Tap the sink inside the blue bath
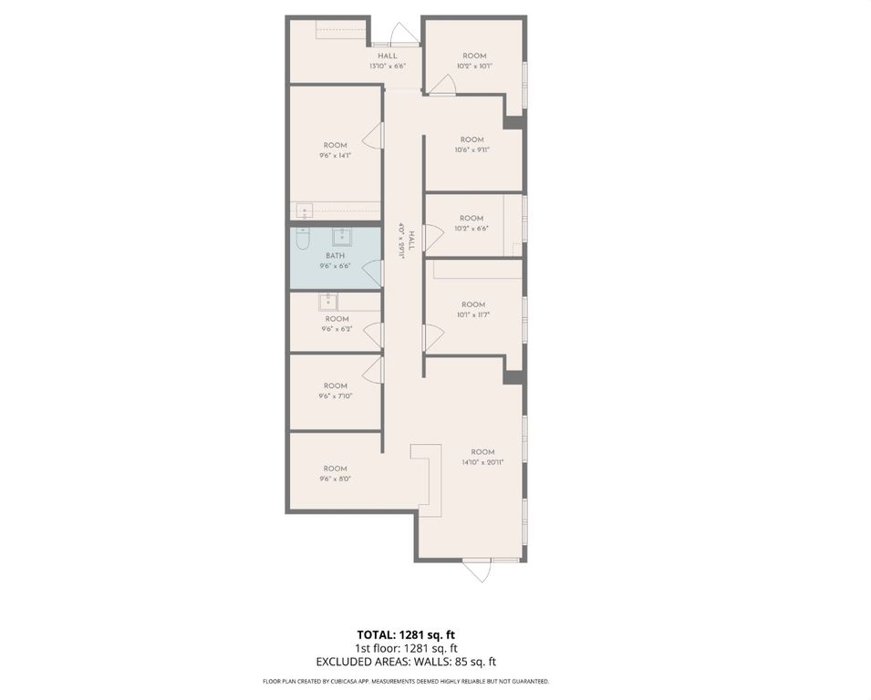(344, 239)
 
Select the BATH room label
(336, 256)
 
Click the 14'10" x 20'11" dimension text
(482, 463)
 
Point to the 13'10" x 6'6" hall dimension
(388, 67)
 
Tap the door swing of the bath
(372, 272)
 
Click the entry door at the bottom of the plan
(477, 570)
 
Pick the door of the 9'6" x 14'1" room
(373, 137)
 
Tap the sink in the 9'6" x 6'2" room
(328, 301)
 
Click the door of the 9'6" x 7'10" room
(372, 369)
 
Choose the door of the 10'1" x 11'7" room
(432, 338)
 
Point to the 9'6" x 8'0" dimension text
(335, 479)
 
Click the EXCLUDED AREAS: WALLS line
(405, 663)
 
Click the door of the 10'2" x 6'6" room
(433, 238)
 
